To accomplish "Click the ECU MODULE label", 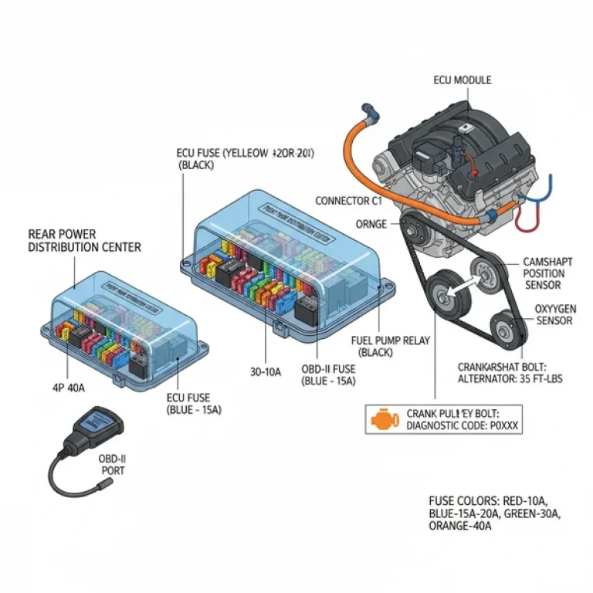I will pos(462,80).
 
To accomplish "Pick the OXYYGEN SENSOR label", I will pos(554,314).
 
